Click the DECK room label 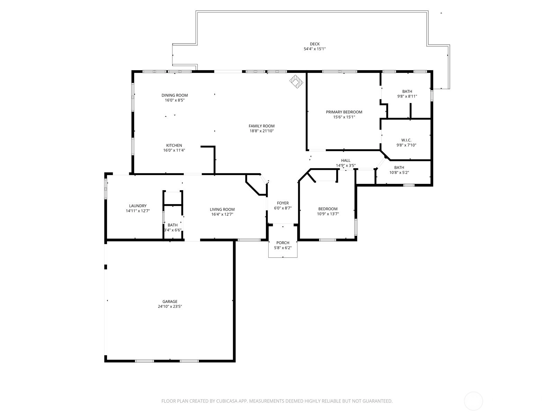point(314,44)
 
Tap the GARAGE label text point(170,302)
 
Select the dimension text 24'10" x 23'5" point(170,307)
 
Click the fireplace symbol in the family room point(296,81)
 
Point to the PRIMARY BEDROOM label point(344,112)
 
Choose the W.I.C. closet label point(406,140)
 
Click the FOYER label point(283,203)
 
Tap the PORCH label point(283,243)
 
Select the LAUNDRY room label point(138,206)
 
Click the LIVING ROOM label point(222,209)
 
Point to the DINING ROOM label point(175,95)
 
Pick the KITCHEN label point(174,145)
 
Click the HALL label point(346,160)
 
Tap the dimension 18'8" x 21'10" point(261,131)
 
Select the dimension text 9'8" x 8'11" point(407,96)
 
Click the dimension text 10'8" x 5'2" point(399,173)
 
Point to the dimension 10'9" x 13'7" point(328,214)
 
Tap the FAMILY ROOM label point(261,126)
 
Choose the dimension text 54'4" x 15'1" point(314,49)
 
